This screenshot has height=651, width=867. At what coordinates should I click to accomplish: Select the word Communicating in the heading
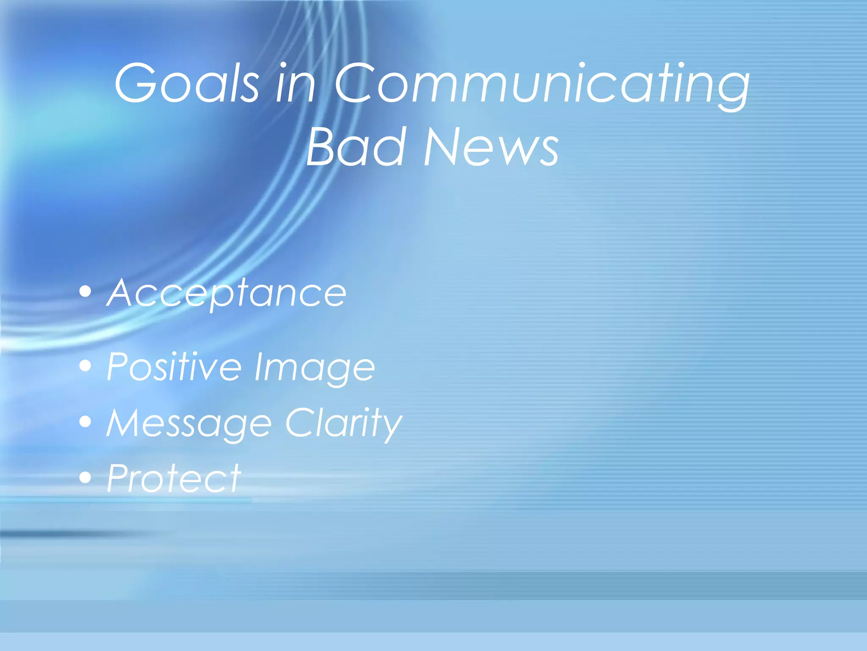point(542,83)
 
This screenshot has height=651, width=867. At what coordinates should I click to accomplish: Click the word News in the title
point(491,147)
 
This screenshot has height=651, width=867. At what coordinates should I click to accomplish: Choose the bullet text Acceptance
point(226,293)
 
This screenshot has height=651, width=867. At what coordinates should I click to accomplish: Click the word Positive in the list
point(174,367)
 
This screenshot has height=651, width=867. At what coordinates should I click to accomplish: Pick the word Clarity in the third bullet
point(343,423)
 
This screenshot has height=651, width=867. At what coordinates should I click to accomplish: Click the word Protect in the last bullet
point(174,478)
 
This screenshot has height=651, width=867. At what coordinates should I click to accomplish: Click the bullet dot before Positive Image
point(86,365)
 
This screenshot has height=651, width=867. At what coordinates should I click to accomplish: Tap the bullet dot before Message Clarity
point(86,421)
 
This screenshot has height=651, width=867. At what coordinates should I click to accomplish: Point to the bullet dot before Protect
point(86,477)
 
